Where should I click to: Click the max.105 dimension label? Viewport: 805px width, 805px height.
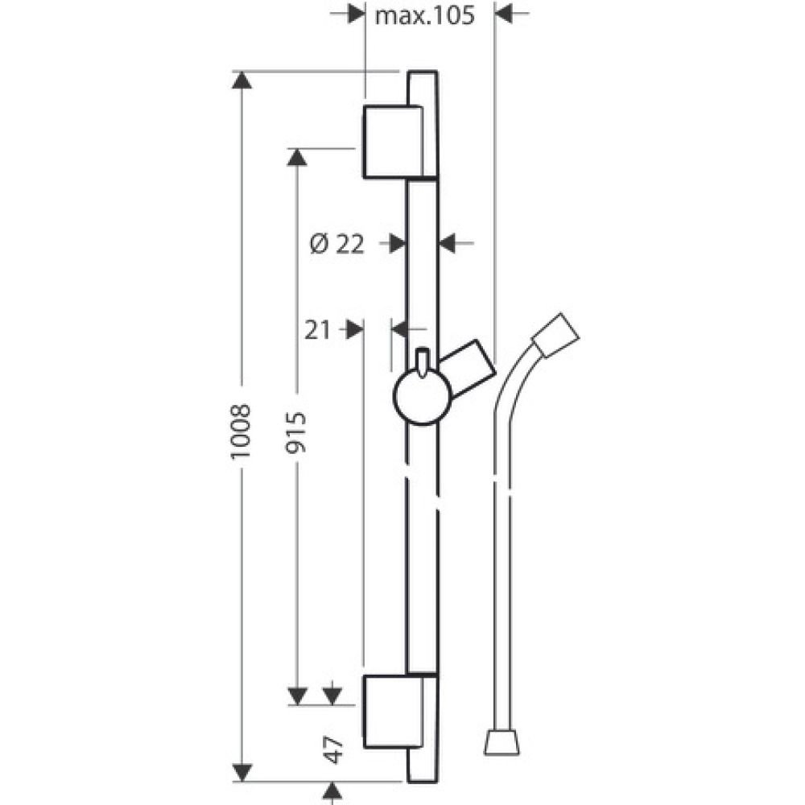point(424,15)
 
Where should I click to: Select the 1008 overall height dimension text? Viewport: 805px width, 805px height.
point(241,431)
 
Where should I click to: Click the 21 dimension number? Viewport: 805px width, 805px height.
point(317,330)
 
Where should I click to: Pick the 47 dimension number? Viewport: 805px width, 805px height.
point(334,749)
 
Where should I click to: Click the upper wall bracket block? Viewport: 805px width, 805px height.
point(394,142)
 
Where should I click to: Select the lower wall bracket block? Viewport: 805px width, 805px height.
point(394,712)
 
